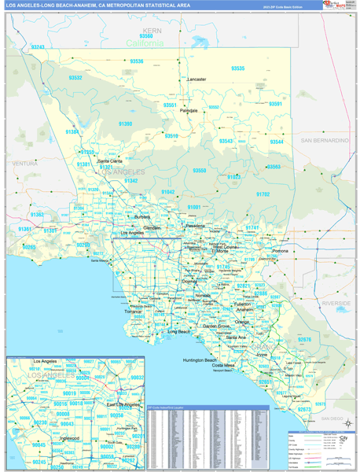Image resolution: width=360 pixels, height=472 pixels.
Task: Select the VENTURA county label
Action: (x=25, y=163)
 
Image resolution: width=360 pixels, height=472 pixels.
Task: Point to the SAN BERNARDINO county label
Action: (x=323, y=140)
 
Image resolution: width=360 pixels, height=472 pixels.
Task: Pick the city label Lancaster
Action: (x=197, y=79)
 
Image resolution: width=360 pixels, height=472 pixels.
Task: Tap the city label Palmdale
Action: (x=189, y=111)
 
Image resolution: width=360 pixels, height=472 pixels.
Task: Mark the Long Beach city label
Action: (x=178, y=331)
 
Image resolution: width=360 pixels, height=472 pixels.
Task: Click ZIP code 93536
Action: (x=138, y=61)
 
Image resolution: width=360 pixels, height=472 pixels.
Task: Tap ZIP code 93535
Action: (x=237, y=68)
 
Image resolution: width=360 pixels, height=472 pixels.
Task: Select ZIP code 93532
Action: (x=75, y=78)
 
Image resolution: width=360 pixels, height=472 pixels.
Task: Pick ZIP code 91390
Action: (x=126, y=124)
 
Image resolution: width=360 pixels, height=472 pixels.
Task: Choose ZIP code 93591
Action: (x=275, y=104)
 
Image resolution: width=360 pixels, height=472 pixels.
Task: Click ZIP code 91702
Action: (x=263, y=194)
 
